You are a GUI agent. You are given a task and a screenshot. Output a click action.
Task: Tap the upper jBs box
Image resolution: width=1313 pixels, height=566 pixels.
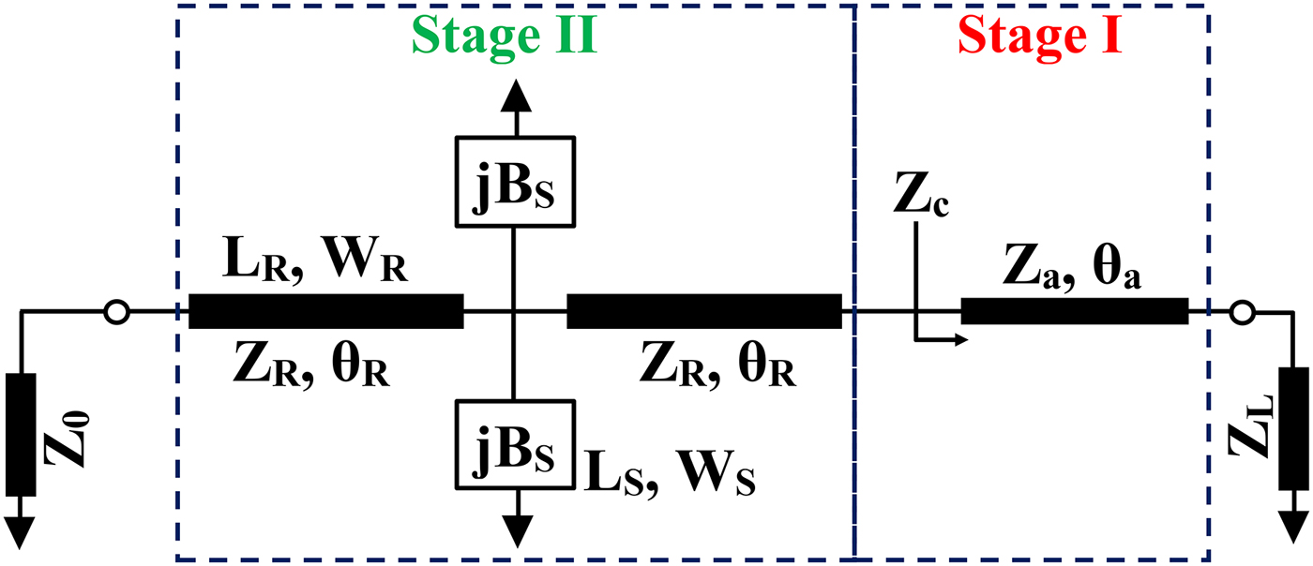513,182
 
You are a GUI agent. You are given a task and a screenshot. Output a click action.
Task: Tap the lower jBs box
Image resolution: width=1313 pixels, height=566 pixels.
513,444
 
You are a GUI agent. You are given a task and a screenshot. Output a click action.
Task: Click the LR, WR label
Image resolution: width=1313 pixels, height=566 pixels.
315,265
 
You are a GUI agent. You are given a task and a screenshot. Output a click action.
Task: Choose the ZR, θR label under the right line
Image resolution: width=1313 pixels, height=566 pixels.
718,365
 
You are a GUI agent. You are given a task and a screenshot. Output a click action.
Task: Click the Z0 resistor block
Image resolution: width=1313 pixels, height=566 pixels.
20,434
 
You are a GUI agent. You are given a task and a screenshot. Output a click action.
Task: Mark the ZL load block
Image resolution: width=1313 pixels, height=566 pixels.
1293,429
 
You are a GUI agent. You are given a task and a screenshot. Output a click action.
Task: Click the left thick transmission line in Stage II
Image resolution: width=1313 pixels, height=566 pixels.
325,311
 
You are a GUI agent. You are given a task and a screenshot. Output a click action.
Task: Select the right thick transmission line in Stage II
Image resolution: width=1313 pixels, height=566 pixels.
703,311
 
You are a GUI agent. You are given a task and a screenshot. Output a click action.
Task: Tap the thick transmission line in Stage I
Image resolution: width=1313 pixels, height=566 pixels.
1075,311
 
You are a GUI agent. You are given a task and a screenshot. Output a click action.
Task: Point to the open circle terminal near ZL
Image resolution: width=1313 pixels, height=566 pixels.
1242,311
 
